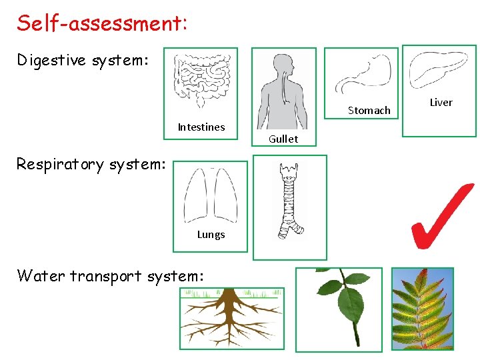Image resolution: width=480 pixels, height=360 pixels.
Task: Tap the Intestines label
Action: click(201, 127)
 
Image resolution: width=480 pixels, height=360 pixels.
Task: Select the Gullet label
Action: click(283, 139)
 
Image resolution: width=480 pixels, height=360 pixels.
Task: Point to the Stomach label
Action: click(369, 111)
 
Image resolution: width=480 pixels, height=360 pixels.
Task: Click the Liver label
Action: click(441, 103)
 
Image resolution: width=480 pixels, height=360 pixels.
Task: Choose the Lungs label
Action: click(211, 235)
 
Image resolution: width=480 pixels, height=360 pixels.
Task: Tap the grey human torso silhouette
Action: click(283, 97)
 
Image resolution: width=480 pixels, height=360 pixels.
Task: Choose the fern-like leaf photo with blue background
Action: click(422, 308)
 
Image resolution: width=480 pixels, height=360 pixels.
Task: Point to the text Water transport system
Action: click(110, 275)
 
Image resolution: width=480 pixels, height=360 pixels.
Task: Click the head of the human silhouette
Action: click(283, 63)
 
